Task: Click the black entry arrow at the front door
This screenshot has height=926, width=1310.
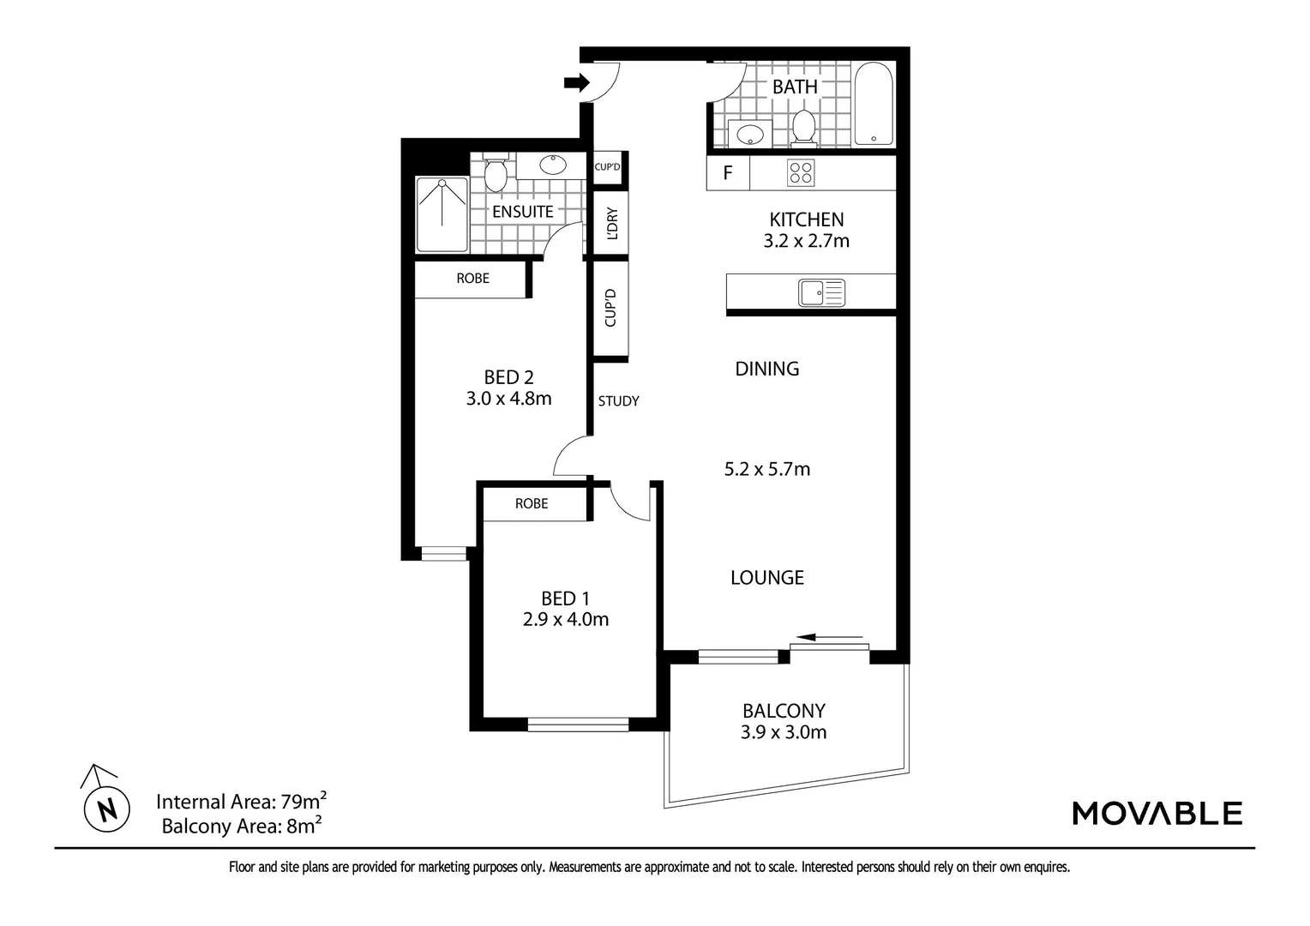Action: tap(576, 83)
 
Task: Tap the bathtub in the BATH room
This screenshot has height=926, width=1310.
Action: tap(873, 105)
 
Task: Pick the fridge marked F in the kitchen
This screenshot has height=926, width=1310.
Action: tap(727, 173)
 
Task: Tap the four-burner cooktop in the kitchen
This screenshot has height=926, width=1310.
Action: tap(801, 173)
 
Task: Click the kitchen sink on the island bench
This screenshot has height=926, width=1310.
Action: tap(821, 293)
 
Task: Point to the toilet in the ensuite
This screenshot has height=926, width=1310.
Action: tap(495, 174)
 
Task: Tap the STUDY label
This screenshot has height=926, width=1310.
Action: tap(618, 400)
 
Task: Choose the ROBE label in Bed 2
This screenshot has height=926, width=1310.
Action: tap(472, 279)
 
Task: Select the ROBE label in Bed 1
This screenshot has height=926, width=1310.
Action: tap(532, 503)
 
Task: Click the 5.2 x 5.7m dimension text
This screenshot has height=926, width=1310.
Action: tap(767, 469)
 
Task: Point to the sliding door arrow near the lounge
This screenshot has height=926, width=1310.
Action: tap(829, 637)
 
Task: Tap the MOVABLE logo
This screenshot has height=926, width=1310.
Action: tap(1157, 813)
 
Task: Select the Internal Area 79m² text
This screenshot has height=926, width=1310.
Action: tap(241, 802)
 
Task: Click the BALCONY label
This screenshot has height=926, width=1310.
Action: tap(784, 711)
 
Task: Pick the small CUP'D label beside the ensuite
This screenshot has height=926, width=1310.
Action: tap(607, 166)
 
